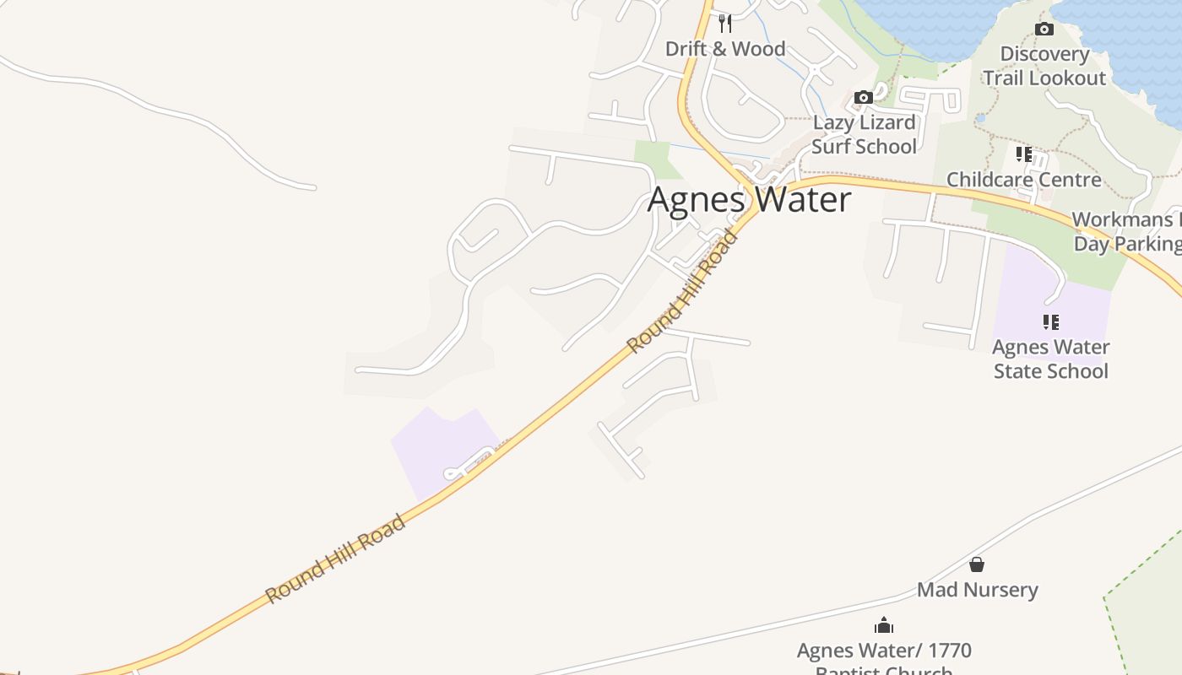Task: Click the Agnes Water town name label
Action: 749,200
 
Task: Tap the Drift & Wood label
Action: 725,49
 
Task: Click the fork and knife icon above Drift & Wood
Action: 724,23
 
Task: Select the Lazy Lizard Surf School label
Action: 864,134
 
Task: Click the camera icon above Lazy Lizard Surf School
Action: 863,98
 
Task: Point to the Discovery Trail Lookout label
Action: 1044,66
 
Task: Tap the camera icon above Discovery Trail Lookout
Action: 1044,30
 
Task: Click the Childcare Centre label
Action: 1023,180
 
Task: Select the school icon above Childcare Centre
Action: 1024,154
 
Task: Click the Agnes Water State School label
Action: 1050,359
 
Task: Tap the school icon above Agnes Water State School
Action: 1050,321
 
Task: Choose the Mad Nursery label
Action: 977,590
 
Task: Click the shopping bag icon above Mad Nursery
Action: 977,564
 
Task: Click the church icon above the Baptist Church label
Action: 884,625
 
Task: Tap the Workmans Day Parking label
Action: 1127,232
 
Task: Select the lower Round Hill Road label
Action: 336,559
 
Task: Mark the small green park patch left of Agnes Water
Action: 655,159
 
